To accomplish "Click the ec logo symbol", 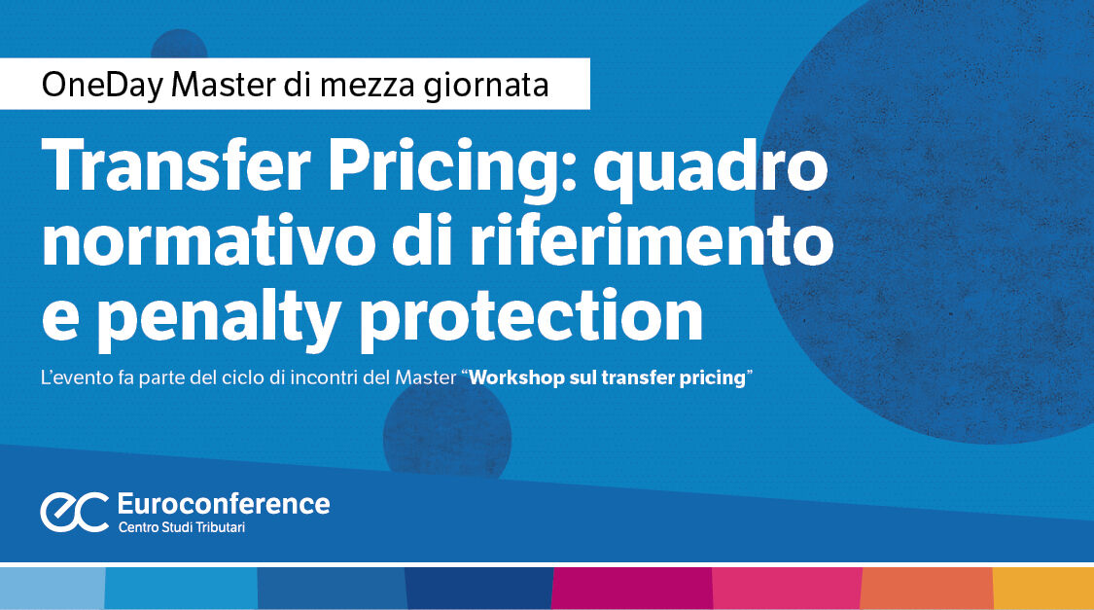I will tap(74, 512).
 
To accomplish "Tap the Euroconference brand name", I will tap(223, 503).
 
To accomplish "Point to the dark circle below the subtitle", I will tap(447, 428).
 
